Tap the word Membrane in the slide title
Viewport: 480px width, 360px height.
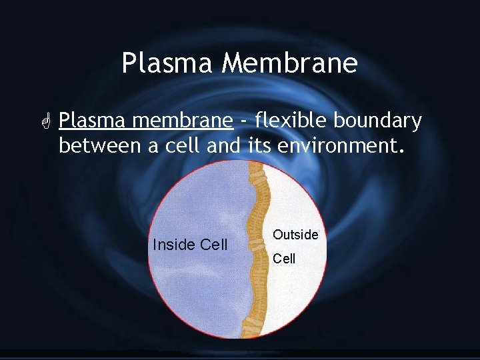pyautogui.click(x=290, y=64)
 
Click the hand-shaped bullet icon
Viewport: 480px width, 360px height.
pyautogui.click(x=45, y=121)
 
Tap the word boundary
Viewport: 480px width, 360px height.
pyautogui.click(x=378, y=121)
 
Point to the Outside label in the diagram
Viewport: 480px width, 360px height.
pyautogui.click(x=295, y=235)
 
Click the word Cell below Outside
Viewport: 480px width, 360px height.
pyautogui.click(x=284, y=259)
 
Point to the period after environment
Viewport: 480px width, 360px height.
pyautogui.click(x=401, y=150)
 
